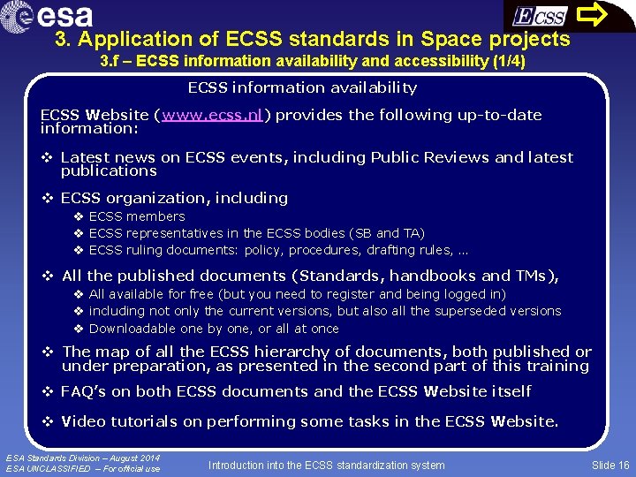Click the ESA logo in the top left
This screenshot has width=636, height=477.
click(53, 15)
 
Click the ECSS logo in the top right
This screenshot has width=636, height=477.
click(540, 16)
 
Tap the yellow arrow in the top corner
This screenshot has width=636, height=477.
click(600, 14)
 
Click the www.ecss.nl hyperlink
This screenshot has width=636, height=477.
click(211, 116)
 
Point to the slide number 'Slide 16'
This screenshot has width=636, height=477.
click(610, 465)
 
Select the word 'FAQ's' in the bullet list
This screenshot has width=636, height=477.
click(84, 391)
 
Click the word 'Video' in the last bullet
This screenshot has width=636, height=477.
click(84, 421)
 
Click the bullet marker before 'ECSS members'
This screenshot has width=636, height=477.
click(79, 216)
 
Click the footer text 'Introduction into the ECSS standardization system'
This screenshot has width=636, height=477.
click(327, 465)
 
